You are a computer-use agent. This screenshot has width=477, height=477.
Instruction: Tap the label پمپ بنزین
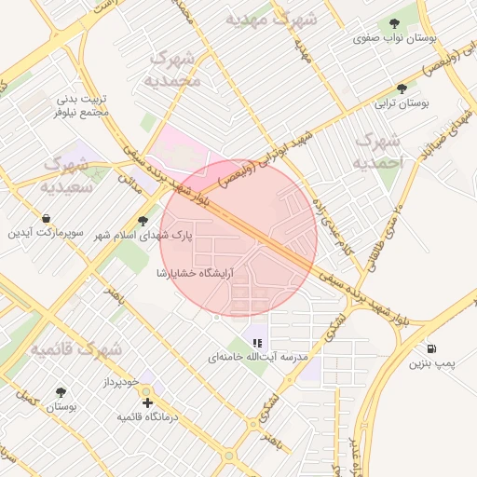click(x=429, y=363)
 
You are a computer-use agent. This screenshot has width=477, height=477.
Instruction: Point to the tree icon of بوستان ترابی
click(x=402, y=89)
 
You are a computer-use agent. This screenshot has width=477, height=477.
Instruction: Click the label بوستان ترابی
click(x=401, y=105)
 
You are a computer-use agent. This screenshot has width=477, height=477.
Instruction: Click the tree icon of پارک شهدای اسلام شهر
click(x=143, y=222)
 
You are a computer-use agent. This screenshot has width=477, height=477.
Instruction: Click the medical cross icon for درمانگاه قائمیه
click(x=148, y=403)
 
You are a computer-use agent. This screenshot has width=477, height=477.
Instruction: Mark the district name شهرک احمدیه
click(x=376, y=152)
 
